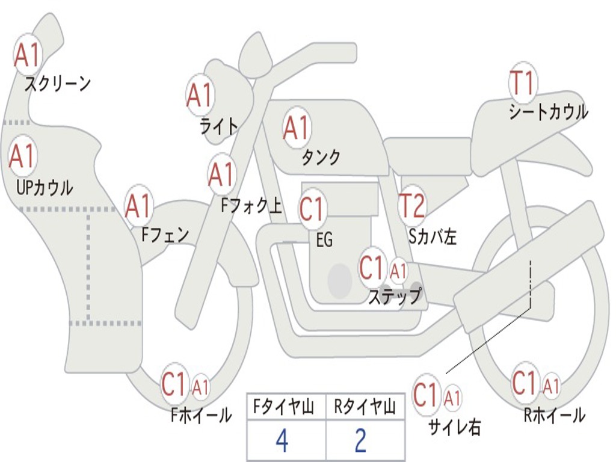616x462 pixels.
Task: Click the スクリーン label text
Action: click(58, 84)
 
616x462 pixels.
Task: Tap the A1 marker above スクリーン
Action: click(28, 55)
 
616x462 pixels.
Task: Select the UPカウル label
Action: click(45, 188)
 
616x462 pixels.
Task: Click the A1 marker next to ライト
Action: click(200, 96)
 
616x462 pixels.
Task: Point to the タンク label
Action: click(321, 157)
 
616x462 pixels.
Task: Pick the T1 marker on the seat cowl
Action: click(523, 82)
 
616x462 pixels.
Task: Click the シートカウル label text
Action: click(549, 112)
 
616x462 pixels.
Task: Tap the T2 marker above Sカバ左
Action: click(412, 205)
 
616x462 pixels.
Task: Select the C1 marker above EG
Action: click(313, 209)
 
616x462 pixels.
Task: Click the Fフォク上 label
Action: click(251, 205)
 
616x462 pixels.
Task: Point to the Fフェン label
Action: click(165, 235)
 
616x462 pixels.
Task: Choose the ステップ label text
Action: click(395, 296)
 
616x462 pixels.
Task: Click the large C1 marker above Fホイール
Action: click(174, 384)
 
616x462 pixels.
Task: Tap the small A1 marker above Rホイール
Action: click(551, 386)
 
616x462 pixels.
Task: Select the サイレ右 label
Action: click(455, 427)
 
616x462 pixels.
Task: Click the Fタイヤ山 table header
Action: click(283, 407)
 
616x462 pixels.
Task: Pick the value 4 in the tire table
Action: click(282, 441)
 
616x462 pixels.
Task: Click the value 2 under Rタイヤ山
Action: click(361, 441)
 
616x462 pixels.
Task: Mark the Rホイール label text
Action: click(554, 415)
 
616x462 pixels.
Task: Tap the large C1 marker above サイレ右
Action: click(427, 395)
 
